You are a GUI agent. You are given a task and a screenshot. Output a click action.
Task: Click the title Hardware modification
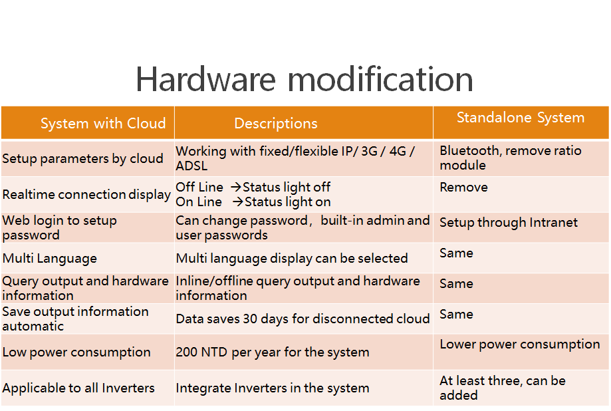point(305,79)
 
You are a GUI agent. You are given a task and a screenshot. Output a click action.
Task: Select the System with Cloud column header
point(103,123)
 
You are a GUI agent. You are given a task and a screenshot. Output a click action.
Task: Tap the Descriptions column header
point(276,123)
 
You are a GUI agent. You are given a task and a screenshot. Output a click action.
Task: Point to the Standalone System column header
point(521,117)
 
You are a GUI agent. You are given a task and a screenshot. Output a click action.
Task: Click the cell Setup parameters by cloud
point(82,158)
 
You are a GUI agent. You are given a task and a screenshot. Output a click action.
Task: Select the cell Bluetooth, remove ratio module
point(511,158)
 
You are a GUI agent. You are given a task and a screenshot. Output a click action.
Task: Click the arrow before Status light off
point(236,187)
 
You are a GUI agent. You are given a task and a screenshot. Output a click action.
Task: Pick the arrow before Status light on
point(238,202)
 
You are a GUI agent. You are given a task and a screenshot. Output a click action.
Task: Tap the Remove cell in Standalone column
point(463,187)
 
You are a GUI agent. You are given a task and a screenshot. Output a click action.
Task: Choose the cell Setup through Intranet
point(509,222)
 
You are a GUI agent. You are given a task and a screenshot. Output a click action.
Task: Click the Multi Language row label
point(49,258)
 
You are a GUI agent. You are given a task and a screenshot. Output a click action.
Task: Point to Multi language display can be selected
point(292,258)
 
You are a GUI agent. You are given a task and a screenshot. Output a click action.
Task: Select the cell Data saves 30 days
point(303,319)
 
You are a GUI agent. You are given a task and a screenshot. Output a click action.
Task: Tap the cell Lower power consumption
point(520,344)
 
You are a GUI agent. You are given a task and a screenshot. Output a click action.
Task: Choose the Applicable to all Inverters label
point(78,388)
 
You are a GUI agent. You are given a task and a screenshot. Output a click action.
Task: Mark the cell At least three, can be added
point(503,388)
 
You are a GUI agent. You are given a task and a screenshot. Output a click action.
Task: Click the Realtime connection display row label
point(86,194)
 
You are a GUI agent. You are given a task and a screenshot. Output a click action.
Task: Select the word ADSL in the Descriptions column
point(191,166)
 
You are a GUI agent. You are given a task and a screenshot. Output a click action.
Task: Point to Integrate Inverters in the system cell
point(273,388)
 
